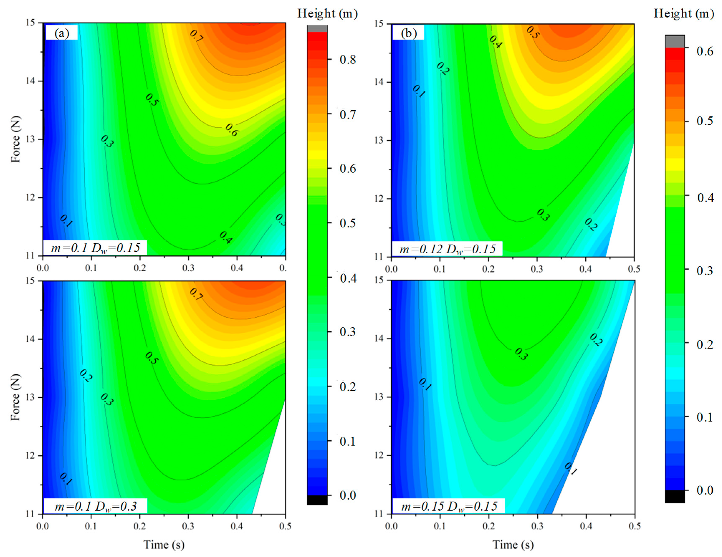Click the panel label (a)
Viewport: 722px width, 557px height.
62,33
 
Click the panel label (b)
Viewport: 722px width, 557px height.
409,33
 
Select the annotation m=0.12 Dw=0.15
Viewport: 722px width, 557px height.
447,249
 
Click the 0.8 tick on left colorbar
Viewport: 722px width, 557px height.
348,59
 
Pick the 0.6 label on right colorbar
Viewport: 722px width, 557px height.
705,51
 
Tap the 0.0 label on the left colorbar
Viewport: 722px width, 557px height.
348,495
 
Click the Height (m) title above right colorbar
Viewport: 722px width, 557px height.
684,14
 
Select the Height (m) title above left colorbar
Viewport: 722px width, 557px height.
327,14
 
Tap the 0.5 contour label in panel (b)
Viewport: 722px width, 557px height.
533,32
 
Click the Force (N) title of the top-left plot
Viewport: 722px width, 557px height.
15,139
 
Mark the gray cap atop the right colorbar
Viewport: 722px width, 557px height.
675,41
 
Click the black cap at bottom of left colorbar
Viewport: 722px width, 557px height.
317,500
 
